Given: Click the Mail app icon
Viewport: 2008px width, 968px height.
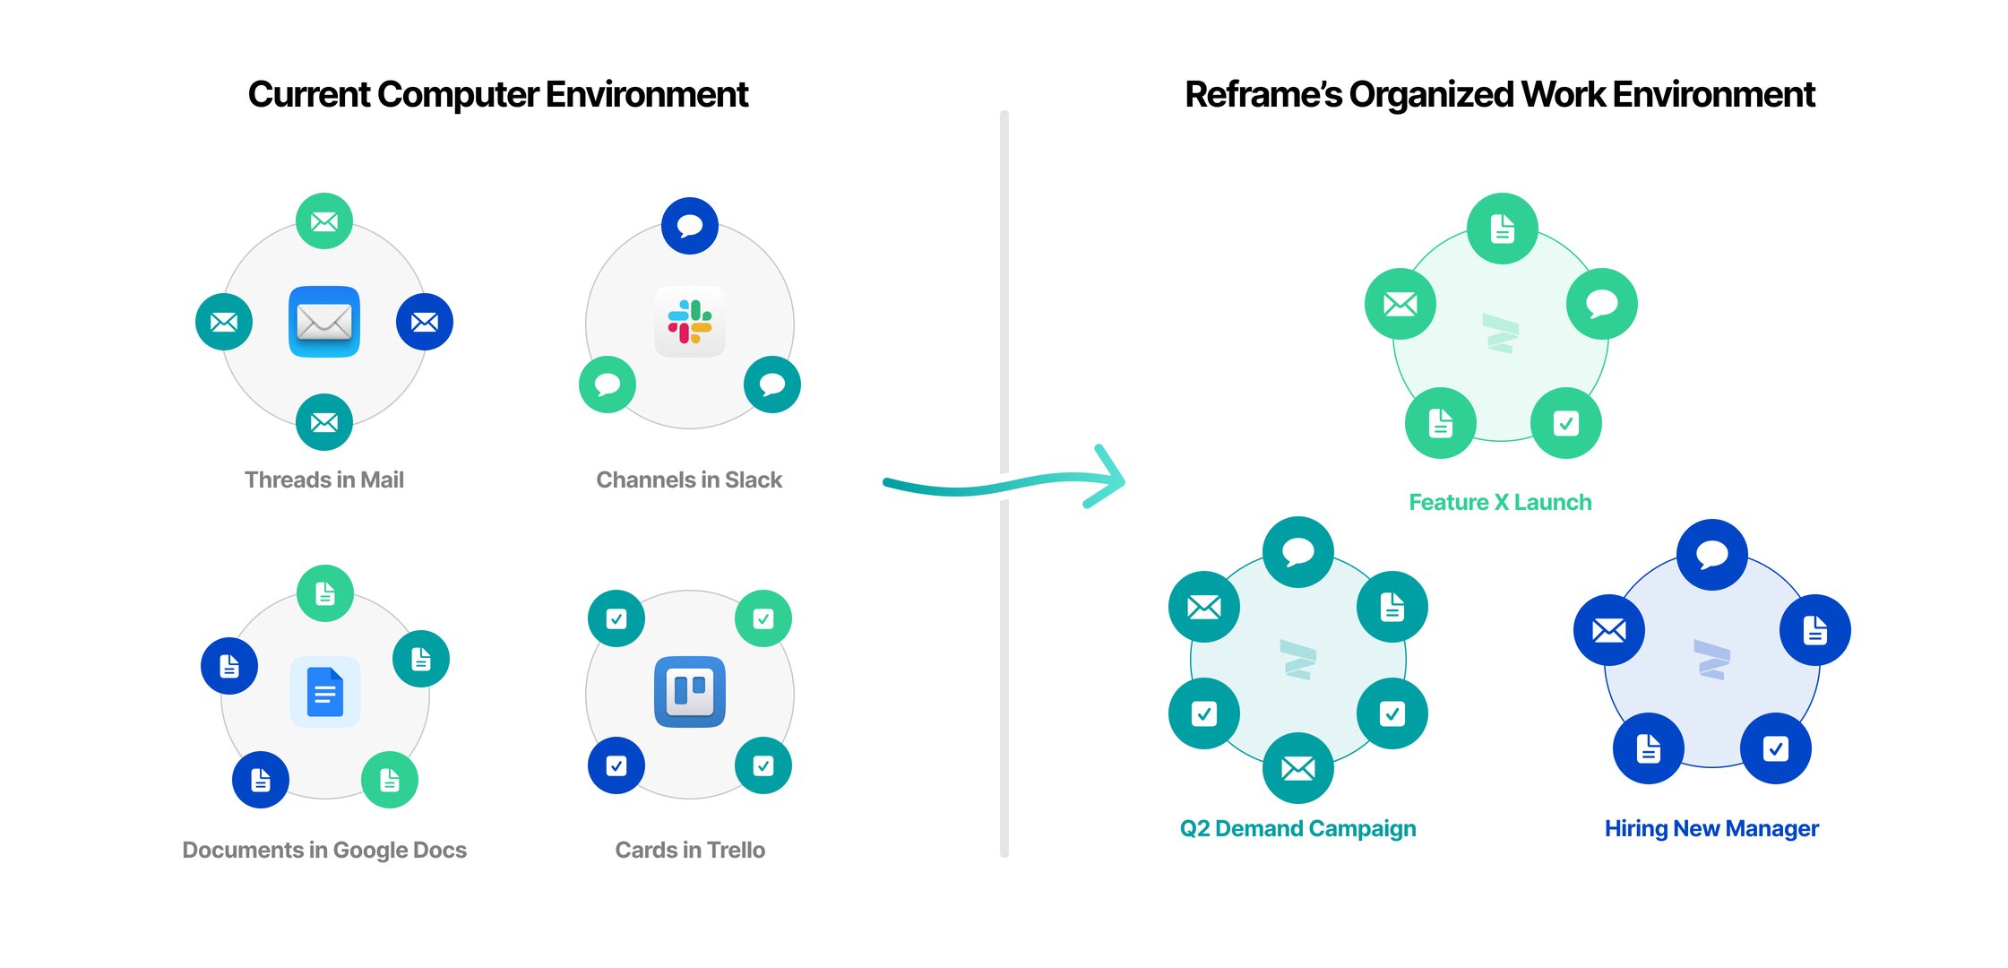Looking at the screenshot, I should coord(324,322).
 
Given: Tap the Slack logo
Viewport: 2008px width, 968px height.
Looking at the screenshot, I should coord(689,322).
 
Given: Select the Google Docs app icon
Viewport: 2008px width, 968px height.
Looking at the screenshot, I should coord(324,692).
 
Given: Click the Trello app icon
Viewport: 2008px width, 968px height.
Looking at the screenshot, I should coord(689,692).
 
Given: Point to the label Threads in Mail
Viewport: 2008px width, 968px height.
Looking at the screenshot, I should coord(324,480).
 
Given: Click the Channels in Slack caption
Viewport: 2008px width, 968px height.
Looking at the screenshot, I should coord(689,480).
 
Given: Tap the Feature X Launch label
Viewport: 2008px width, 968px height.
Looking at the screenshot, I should coord(1500,503).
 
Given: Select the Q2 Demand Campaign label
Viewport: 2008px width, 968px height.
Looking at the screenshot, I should coord(1297,829).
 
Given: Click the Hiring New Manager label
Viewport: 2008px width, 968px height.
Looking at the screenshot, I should coord(1711,829).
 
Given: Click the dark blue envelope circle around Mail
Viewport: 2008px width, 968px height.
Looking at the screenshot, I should coord(425,322).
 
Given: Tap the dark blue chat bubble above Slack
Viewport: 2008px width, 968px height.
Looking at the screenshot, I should coord(689,226).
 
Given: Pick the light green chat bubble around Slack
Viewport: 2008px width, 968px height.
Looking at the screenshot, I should coord(608,385).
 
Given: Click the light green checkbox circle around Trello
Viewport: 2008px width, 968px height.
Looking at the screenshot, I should coord(763,618).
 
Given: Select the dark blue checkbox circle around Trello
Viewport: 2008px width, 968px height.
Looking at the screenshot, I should coord(616,765).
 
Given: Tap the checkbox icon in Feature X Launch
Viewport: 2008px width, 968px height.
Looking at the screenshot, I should coord(1565,423).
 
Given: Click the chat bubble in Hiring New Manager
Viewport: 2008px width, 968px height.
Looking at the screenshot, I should coord(1711,555).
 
